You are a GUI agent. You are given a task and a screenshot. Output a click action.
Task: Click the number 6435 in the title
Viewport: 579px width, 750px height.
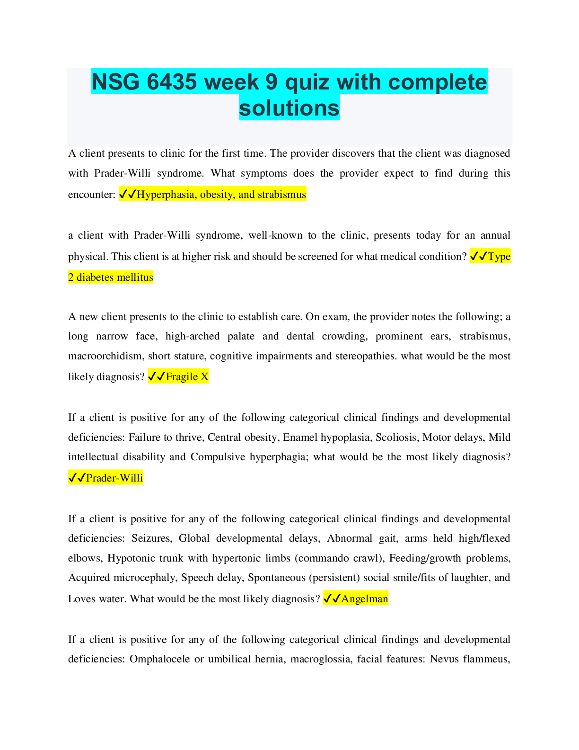171,82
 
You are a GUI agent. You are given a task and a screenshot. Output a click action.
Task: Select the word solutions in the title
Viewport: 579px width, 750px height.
289,108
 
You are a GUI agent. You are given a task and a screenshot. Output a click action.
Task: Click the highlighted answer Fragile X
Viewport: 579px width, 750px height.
187,376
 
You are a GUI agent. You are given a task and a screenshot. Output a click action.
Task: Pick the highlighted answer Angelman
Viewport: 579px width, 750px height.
365,598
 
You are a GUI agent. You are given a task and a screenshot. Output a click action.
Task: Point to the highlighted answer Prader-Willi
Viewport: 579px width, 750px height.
114,478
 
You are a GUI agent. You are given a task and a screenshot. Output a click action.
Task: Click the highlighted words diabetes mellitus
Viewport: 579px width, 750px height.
115,277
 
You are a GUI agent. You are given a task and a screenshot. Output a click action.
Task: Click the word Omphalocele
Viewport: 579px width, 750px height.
160,659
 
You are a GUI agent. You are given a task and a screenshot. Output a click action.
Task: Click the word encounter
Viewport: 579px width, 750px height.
90,195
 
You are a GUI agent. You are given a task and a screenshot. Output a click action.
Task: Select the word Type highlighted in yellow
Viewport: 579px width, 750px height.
500,257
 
